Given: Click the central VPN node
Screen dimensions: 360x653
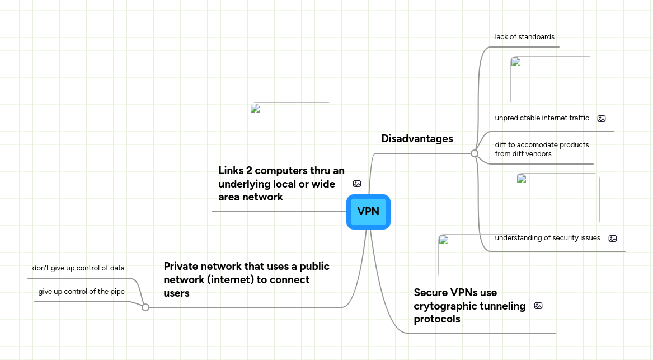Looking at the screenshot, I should click(x=368, y=212).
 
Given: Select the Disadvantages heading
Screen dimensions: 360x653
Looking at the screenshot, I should click(x=417, y=139).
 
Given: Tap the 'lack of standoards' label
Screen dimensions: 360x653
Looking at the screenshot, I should click(x=524, y=37).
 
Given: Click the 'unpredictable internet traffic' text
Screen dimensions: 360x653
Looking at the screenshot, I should click(x=542, y=118).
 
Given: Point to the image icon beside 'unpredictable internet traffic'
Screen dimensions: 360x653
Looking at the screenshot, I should click(x=602, y=119).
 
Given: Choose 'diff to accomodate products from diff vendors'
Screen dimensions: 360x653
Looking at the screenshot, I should click(x=542, y=149).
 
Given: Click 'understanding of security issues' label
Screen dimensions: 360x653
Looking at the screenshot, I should click(x=547, y=238).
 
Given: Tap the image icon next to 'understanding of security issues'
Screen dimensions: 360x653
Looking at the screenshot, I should click(x=613, y=239).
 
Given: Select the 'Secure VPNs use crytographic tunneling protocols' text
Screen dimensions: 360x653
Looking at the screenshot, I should click(x=469, y=306).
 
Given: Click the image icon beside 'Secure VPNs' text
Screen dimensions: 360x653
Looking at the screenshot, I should click(x=538, y=306).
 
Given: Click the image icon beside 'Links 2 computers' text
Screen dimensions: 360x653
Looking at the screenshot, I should click(x=357, y=184).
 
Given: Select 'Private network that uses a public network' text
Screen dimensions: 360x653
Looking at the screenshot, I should click(x=246, y=279).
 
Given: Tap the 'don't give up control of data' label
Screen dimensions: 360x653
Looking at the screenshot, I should click(x=78, y=268).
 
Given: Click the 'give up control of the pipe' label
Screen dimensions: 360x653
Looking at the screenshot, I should click(x=82, y=292).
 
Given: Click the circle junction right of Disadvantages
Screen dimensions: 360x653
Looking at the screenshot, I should click(x=475, y=153).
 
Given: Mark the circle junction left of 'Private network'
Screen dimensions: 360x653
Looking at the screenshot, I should click(x=145, y=307).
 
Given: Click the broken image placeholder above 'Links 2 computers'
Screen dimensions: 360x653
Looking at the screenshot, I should click(x=292, y=130).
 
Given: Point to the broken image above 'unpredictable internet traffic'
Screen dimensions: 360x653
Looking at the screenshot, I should click(x=552, y=81).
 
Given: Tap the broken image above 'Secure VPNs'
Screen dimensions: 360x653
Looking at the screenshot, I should click(x=480, y=256).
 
